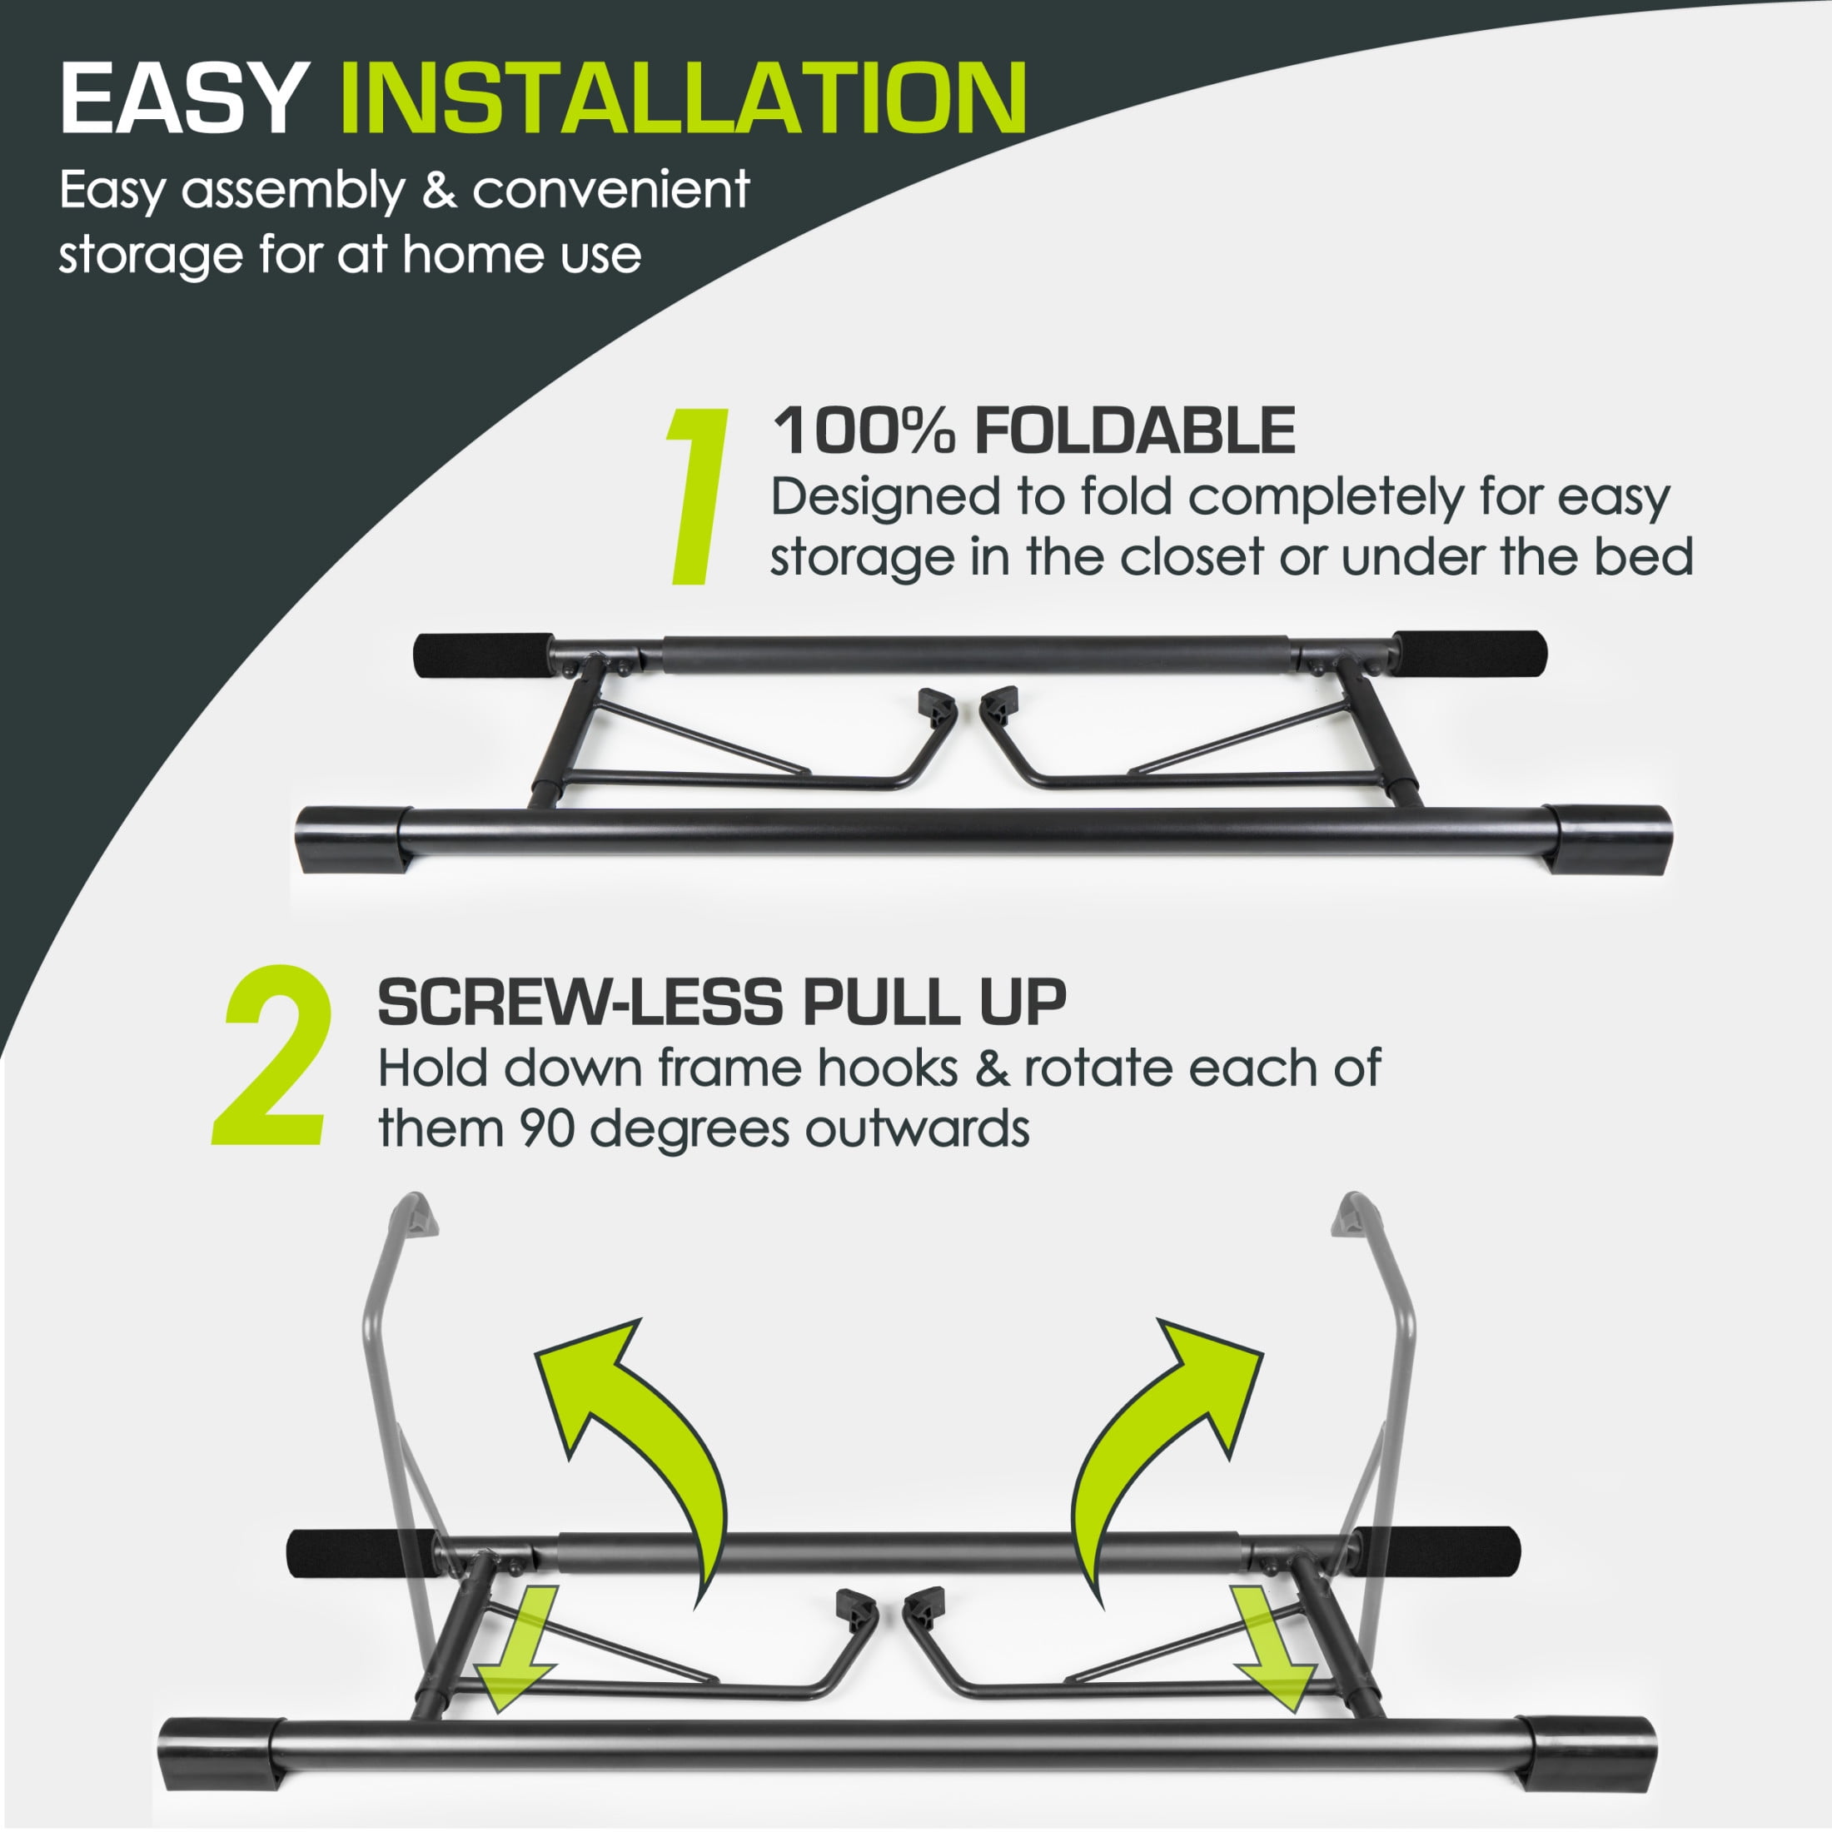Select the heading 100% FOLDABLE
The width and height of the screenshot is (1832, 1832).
pyautogui.click(x=1034, y=431)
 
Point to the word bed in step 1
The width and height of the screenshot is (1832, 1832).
pyautogui.click(x=1646, y=556)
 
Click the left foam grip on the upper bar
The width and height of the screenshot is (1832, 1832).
pyautogui.click(x=485, y=655)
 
